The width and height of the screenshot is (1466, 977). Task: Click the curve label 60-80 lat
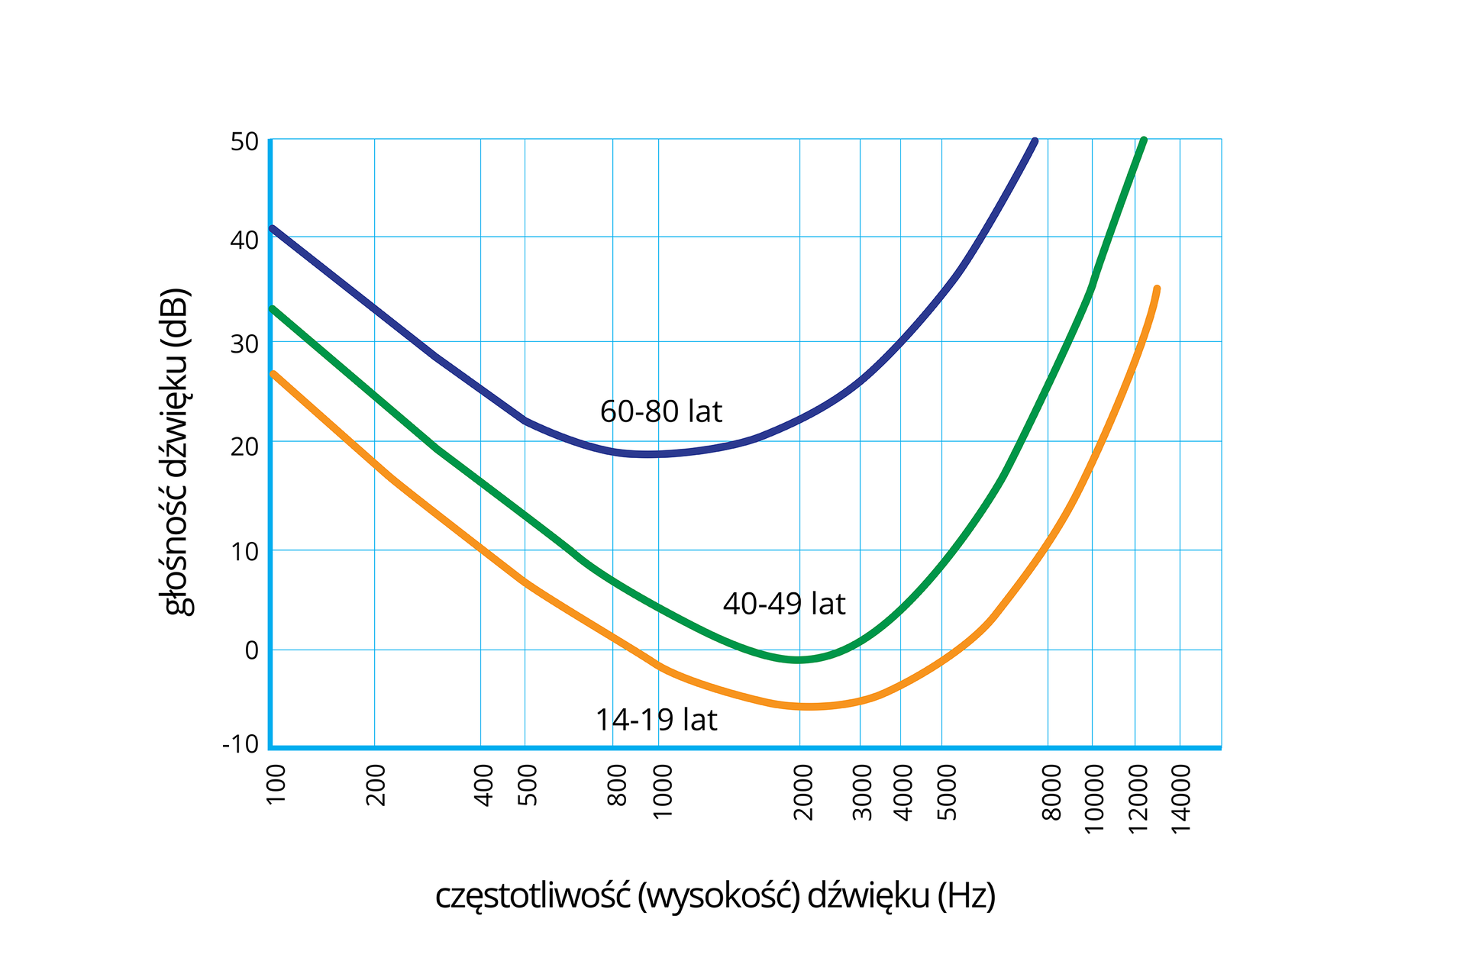point(660,411)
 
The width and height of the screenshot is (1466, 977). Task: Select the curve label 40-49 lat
point(784,604)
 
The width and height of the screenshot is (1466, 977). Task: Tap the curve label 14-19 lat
point(656,720)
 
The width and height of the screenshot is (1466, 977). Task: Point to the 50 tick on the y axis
point(244,142)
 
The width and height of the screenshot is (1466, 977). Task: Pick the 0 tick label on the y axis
point(251,650)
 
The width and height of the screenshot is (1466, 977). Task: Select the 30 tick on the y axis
point(244,343)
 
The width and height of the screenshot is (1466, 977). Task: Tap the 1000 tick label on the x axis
point(663,791)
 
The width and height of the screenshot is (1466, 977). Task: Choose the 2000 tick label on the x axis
point(803,791)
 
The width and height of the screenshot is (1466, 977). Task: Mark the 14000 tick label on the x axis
point(1180,798)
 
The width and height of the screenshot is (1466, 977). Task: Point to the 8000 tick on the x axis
point(1051,791)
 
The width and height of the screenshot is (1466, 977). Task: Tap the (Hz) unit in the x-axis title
point(967,896)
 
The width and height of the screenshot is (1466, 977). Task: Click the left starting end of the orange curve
point(273,373)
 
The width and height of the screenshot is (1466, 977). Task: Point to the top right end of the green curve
point(1144,140)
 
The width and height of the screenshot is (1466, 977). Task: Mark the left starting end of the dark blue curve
point(273,228)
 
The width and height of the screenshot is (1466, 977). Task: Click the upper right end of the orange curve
point(1158,289)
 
